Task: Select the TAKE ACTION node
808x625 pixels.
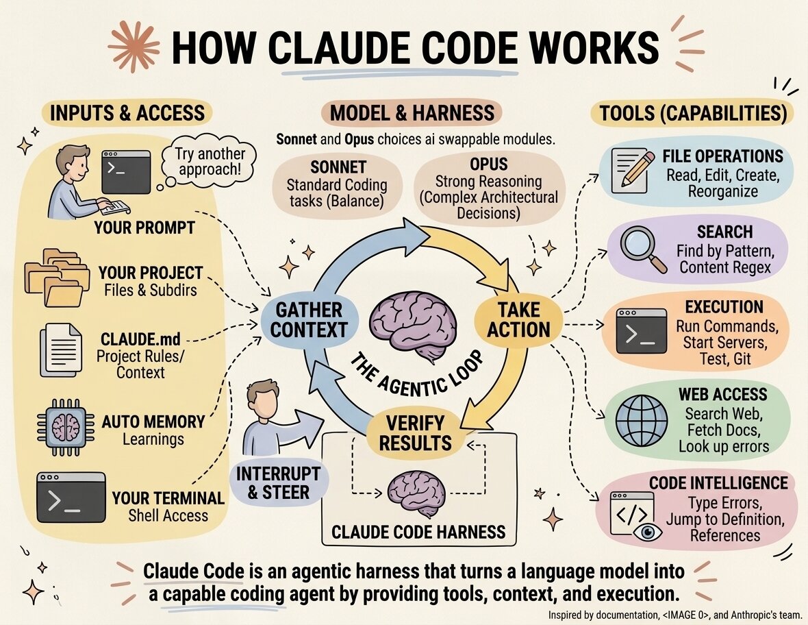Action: (x=518, y=319)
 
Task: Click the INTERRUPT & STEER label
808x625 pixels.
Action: (x=278, y=482)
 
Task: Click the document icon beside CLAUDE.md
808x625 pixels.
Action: (x=61, y=349)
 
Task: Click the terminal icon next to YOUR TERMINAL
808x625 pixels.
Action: (x=71, y=497)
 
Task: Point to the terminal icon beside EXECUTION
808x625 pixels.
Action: (x=641, y=331)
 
